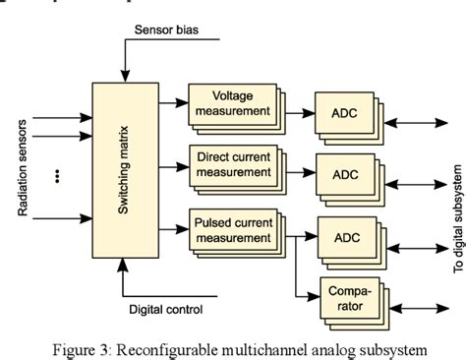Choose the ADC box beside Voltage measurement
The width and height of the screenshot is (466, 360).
344,113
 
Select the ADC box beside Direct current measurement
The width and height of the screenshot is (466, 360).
344,174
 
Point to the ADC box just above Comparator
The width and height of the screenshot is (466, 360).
344,237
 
